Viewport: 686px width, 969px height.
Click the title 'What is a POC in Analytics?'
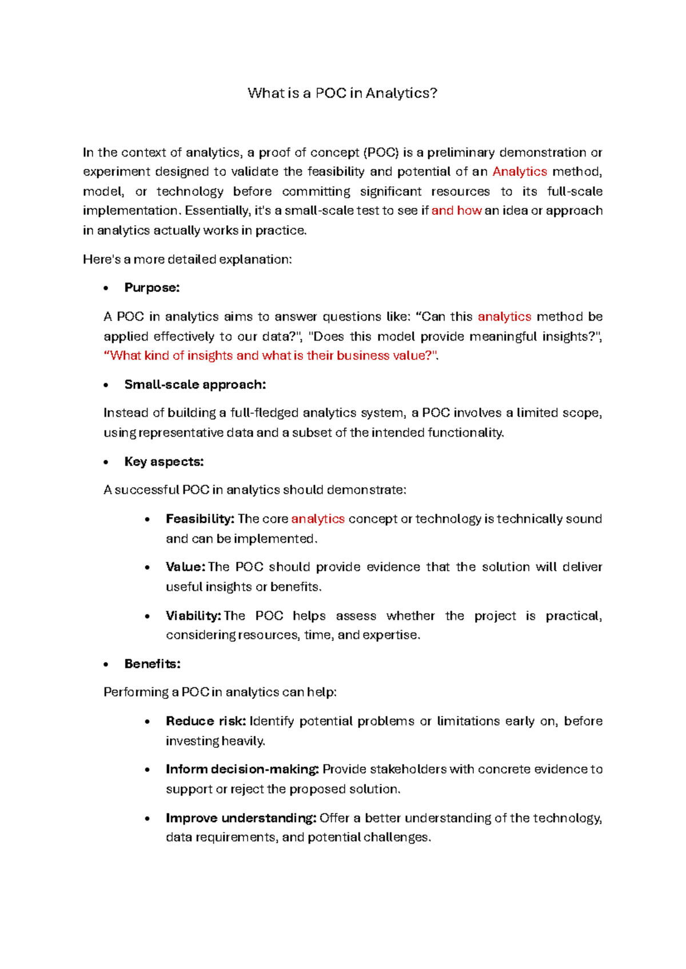[x=342, y=93]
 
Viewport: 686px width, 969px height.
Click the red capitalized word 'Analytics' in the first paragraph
[x=520, y=171]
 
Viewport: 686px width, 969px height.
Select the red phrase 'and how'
[x=456, y=210]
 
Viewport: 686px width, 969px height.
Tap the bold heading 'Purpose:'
[x=152, y=287]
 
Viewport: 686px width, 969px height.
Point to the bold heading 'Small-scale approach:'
[x=195, y=385]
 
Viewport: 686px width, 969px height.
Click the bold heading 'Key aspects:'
[x=164, y=461]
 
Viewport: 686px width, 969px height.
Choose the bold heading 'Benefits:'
[x=152, y=663]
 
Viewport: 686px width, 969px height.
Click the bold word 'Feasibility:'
[x=200, y=519]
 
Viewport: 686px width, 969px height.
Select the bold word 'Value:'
[x=185, y=567]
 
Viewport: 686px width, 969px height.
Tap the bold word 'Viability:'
[x=193, y=615]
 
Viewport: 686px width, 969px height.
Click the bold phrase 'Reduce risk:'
[x=206, y=721]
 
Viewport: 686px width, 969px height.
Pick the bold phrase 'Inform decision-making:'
[x=242, y=769]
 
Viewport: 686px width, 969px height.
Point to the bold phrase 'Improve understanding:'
[x=241, y=818]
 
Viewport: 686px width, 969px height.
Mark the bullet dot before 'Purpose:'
[x=106, y=289]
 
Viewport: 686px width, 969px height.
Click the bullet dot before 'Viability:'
[x=147, y=616]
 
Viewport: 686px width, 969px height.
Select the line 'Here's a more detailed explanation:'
[x=188, y=259]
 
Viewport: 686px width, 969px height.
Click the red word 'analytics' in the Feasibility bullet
[x=318, y=519]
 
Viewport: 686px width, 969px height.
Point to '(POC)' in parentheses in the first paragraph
[x=381, y=153]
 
